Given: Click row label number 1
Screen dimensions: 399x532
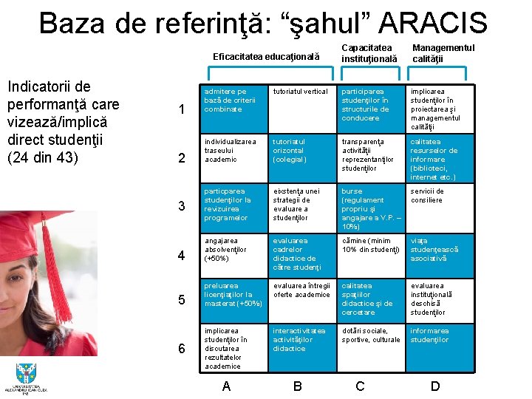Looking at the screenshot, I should click(x=182, y=110).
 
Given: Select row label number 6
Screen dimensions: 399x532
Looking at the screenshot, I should click(x=182, y=348).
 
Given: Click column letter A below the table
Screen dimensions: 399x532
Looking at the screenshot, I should click(x=226, y=385).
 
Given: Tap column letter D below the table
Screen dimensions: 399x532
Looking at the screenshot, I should click(x=435, y=385).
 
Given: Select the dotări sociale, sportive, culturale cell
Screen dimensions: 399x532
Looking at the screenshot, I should click(x=371, y=335).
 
